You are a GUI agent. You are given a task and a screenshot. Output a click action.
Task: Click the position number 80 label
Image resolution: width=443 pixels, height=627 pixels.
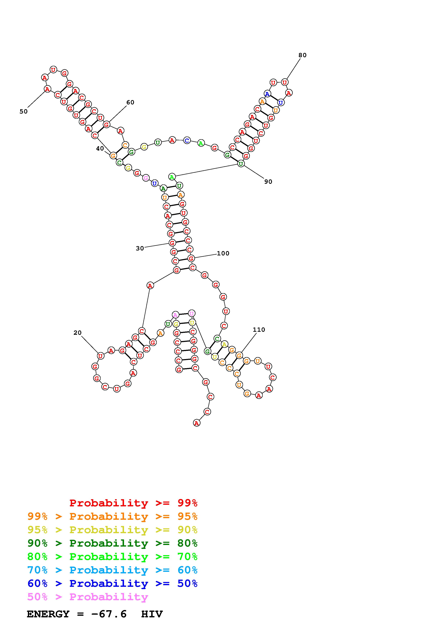[302, 55]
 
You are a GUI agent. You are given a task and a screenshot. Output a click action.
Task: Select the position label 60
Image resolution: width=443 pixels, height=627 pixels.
[130, 102]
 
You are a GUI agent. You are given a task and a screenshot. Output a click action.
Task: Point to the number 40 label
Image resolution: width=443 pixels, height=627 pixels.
[100, 148]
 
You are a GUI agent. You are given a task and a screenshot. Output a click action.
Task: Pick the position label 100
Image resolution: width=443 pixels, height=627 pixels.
[223, 253]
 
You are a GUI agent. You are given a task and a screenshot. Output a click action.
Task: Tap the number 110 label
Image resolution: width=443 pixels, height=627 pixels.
[259, 330]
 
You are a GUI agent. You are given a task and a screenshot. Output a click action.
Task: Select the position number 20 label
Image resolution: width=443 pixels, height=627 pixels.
[78, 333]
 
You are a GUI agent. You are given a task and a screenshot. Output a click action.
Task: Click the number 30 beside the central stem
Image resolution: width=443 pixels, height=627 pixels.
[140, 248]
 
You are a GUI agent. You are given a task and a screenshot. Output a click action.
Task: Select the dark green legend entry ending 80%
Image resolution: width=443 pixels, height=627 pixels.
[112, 543]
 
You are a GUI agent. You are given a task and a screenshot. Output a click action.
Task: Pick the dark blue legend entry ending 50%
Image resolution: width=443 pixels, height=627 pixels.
[112, 583]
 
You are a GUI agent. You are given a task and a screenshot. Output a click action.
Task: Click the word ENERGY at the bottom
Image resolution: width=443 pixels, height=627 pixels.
[48, 614]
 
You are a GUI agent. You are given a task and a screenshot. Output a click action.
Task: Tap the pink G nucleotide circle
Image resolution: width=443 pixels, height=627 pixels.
[146, 178]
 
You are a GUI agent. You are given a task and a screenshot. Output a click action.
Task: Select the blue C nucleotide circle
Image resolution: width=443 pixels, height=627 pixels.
[187, 141]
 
